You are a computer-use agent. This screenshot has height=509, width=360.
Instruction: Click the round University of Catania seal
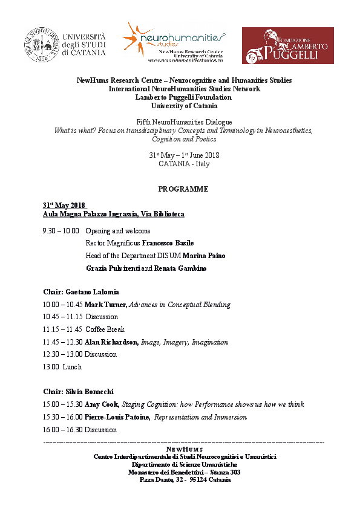[41, 45]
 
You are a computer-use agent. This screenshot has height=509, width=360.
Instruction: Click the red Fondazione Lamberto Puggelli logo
[287, 45]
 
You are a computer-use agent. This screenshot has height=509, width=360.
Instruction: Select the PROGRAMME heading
[183, 189]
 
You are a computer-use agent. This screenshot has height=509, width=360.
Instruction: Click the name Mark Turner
[106, 305]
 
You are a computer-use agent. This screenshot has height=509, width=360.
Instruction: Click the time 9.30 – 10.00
[61, 231]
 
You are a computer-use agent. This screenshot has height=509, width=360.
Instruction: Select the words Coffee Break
[105, 329]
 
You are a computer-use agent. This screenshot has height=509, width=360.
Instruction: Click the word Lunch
[71, 367]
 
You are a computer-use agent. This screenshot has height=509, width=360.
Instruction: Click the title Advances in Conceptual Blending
[180, 305]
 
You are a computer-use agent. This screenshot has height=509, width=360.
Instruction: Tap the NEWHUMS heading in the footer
[185, 450]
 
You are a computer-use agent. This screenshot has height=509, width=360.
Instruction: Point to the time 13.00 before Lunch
[51, 367]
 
